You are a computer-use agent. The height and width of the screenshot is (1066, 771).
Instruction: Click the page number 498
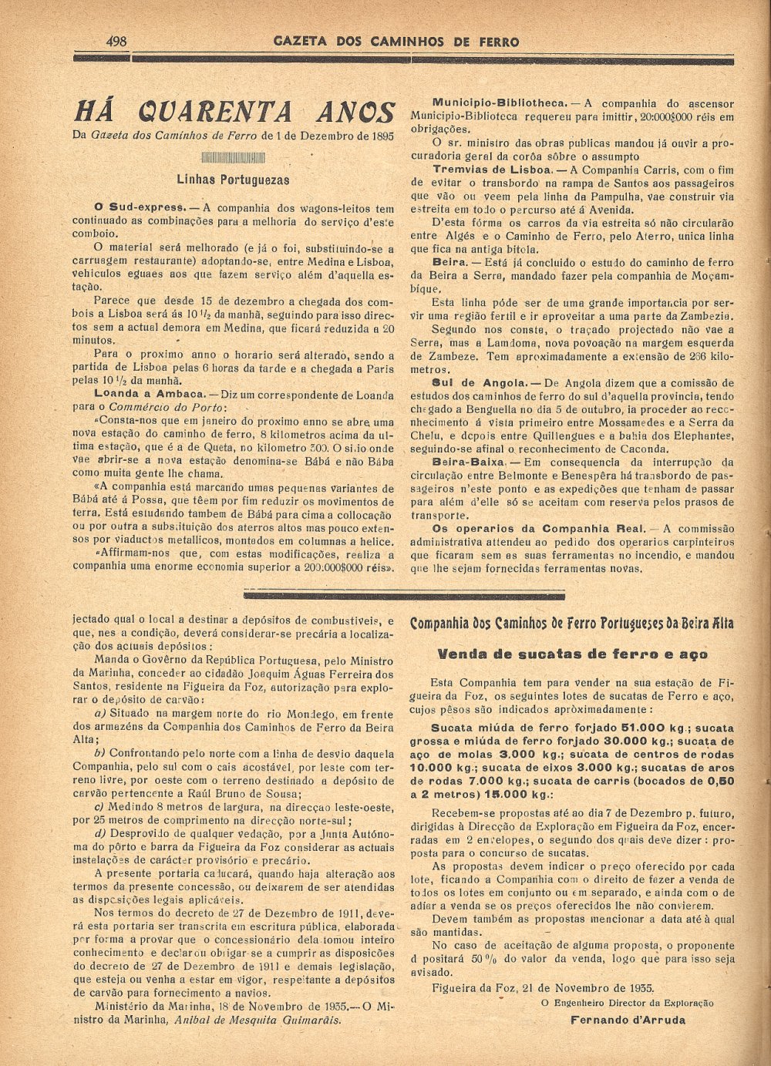tap(117, 41)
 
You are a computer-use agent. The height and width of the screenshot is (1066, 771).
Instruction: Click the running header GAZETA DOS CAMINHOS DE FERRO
tap(396, 42)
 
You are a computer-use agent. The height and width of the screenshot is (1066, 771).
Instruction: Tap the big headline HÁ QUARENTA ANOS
tap(234, 112)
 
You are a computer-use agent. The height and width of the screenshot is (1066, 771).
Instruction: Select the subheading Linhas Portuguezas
tap(233, 180)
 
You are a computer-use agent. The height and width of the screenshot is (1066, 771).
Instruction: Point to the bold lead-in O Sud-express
tap(139, 208)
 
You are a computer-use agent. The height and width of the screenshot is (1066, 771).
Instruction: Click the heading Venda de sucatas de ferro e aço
tap(573, 654)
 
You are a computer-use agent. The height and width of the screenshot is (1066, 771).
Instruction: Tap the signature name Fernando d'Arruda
tap(628, 1020)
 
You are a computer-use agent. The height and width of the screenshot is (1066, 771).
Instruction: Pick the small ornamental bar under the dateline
tap(233, 158)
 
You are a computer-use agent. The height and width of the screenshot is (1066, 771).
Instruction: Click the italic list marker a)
tap(100, 714)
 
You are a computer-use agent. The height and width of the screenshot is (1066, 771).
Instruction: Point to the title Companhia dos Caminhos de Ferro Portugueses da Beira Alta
tap(572, 623)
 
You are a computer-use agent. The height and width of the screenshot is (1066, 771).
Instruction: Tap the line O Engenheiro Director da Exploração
tap(627, 1003)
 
